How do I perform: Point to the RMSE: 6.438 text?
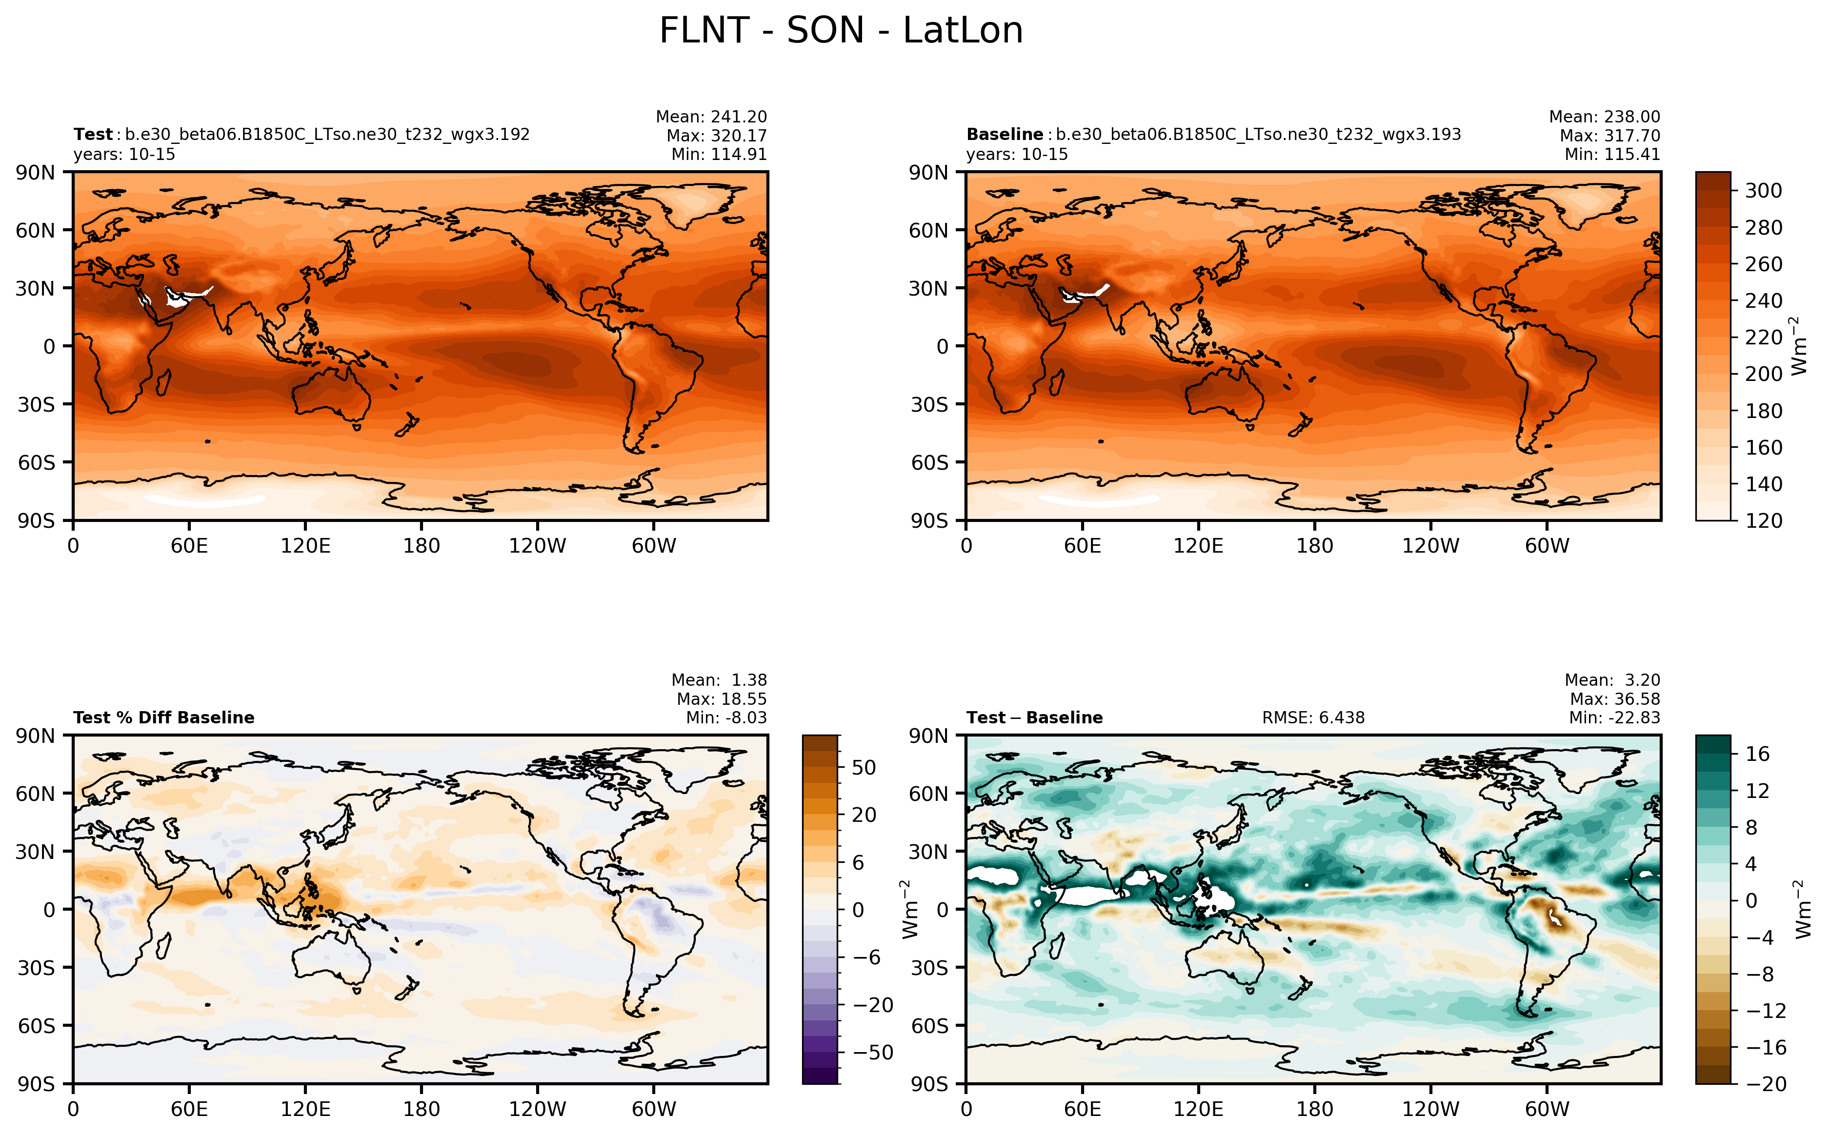1313,717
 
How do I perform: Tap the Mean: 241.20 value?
711,117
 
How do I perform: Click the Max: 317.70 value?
1609,136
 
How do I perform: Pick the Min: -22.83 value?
1614,717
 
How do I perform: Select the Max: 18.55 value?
722,699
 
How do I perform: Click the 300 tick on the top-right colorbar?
1763,191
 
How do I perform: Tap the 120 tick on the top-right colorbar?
1763,520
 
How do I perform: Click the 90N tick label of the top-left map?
36,173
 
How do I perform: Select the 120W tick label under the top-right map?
1430,546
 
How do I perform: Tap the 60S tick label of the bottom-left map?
36,1025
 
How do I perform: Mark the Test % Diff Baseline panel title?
163,717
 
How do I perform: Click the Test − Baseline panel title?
1034,717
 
